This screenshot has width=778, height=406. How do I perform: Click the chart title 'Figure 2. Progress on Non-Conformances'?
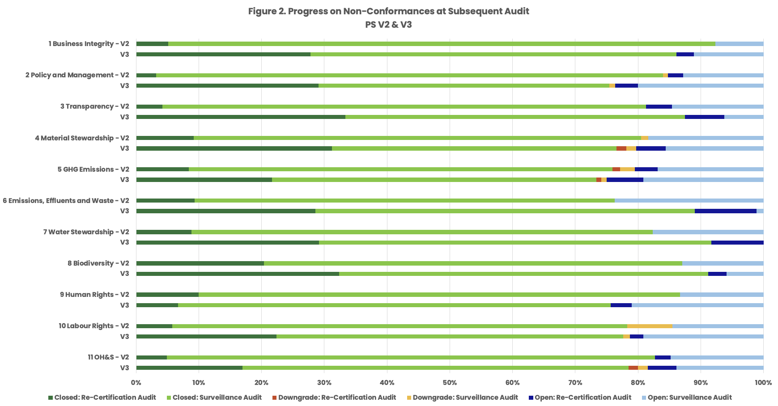[x=388, y=11]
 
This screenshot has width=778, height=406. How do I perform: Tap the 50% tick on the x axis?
[x=450, y=383]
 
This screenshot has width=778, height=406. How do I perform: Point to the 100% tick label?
[x=763, y=383]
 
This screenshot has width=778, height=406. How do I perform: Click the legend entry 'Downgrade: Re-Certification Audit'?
[x=337, y=398]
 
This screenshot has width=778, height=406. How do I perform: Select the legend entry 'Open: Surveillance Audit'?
[x=689, y=398]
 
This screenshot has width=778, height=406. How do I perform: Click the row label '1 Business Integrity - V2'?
[x=89, y=44]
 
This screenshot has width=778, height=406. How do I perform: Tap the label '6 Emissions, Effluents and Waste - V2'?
[x=66, y=201]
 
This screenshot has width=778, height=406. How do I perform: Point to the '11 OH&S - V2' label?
[x=108, y=357]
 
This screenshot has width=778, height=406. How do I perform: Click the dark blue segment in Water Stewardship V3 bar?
[x=737, y=242]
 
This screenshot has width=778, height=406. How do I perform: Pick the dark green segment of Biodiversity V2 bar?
[x=200, y=263]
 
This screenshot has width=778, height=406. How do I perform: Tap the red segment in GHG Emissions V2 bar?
[x=616, y=169]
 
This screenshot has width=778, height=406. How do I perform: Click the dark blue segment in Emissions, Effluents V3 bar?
[x=725, y=211]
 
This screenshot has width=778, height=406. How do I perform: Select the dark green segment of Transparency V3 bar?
[x=241, y=117]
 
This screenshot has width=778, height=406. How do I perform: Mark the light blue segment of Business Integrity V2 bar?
[x=739, y=44]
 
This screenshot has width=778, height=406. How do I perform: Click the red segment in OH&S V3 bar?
[x=633, y=368]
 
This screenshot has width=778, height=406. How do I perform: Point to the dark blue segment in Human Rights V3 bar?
[x=621, y=305]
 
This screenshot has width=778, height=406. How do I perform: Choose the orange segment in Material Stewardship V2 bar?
[x=645, y=138]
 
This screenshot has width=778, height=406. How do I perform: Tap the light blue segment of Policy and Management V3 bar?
[x=700, y=86]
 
